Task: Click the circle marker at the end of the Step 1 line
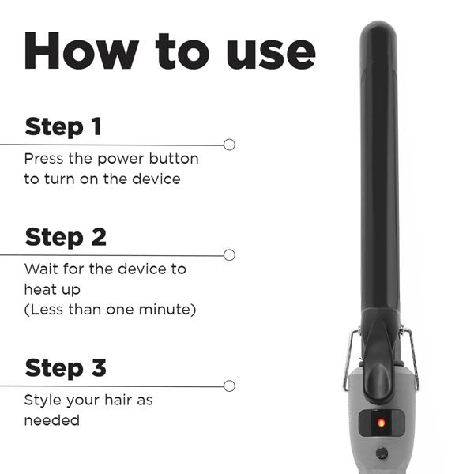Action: tap(229, 145)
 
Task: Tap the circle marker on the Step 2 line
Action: tap(229, 254)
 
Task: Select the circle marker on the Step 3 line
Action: tap(229, 386)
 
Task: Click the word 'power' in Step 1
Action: tap(113, 159)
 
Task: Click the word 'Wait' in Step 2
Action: tap(40, 269)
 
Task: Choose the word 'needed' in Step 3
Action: tap(51, 420)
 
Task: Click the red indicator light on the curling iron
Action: tap(382, 423)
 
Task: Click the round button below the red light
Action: tap(382, 453)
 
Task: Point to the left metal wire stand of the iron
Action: tap(348, 359)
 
